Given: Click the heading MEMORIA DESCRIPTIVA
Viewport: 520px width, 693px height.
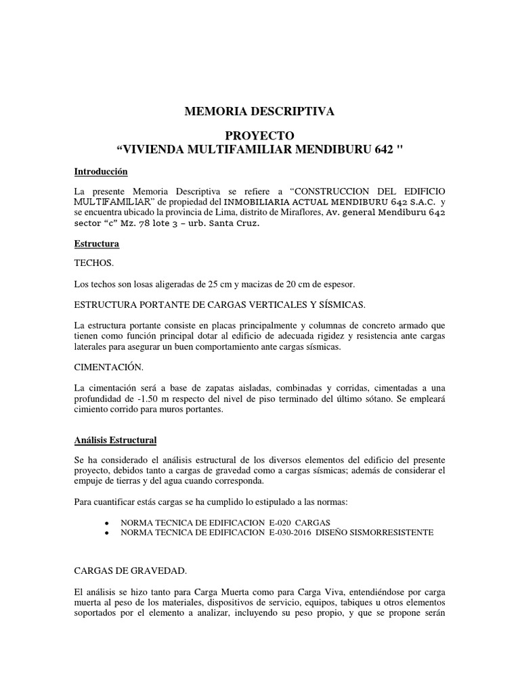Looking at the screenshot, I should (260, 112).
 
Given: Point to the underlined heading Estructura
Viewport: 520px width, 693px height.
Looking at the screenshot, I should (97, 243).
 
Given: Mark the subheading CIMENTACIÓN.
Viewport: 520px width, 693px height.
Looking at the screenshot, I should (108, 367).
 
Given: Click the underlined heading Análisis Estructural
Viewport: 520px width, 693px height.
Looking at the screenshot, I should (115, 441).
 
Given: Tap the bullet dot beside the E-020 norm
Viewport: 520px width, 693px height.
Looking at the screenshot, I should (108, 522).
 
